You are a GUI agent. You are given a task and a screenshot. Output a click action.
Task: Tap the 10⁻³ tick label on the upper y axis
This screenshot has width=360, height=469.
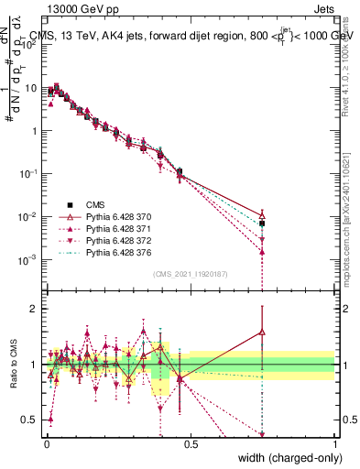tap(27, 259)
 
